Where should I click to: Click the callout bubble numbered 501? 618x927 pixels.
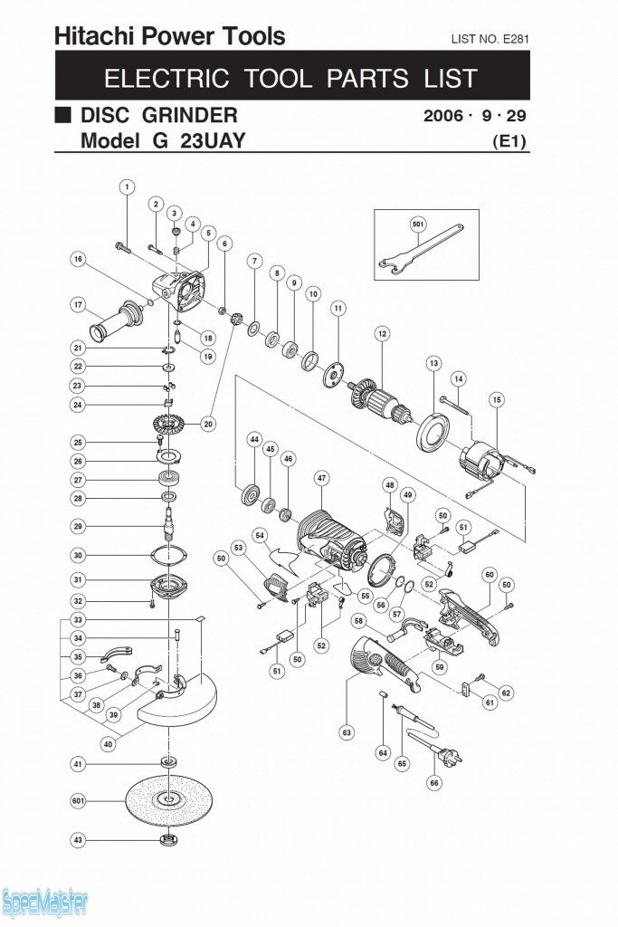click(417, 223)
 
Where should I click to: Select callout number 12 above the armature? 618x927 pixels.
click(382, 334)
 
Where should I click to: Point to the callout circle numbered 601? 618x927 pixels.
click(78, 800)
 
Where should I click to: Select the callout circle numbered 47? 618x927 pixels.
click(321, 477)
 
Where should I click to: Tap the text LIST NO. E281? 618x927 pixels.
click(490, 39)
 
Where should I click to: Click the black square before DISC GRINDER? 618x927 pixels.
click(62, 116)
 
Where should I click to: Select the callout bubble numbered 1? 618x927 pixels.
click(127, 187)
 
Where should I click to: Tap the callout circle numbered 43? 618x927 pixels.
click(78, 841)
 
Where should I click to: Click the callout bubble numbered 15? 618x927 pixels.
click(496, 399)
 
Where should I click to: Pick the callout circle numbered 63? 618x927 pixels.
click(347, 731)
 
